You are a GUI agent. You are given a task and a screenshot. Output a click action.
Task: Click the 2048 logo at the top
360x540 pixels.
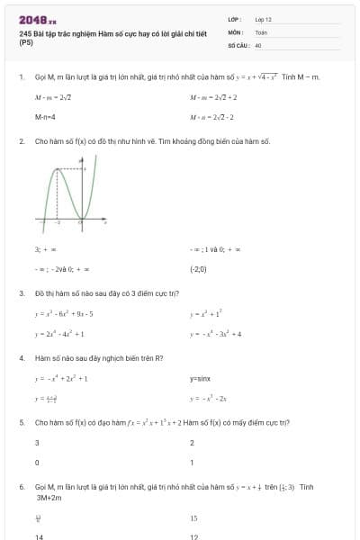point(37,19)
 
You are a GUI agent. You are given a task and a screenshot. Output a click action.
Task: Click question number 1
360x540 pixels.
point(21,77)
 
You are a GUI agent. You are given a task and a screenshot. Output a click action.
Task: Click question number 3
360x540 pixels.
point(21,292)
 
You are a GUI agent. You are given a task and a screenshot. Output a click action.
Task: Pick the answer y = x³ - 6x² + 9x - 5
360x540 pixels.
point(64,313)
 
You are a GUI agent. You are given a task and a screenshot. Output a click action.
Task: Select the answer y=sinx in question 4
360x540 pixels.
point(200,379)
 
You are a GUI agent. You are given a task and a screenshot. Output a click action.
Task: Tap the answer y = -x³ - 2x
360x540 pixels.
point(209,398)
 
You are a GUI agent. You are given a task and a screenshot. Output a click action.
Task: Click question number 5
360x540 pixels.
point(21,422)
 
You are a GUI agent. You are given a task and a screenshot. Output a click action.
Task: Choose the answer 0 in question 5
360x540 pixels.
point(37,463)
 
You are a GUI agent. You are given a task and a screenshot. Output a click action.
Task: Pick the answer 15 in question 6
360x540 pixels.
point(193,518)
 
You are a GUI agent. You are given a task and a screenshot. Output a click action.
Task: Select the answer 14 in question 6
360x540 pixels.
point(40,536)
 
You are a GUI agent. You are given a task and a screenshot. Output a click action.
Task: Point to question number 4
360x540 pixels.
point(21,357)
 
